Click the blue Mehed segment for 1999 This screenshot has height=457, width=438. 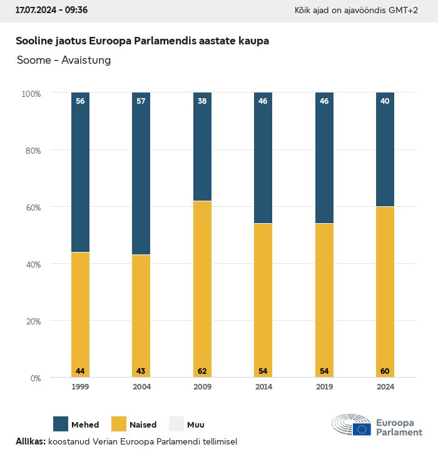[80, 172]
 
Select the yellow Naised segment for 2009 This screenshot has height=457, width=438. [202, 289]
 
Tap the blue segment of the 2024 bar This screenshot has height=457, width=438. [385, 149]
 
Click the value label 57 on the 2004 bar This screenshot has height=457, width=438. [141, 101]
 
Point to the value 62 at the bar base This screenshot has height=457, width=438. [202, 371]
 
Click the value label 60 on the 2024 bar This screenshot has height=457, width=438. [385, 371]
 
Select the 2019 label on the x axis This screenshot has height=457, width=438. [324, 387]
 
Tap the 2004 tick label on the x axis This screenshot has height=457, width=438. [141, 387]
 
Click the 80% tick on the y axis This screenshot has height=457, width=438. [31, 151]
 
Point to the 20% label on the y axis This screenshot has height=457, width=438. [31, 321]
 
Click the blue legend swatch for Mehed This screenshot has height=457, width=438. [61, 424]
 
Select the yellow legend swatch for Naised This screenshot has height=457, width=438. [119, 424]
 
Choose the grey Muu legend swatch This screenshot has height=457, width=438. [176, 424]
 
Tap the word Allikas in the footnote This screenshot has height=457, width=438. [30, 441]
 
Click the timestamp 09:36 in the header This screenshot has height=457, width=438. [75, 11]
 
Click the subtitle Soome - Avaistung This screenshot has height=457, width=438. [63, 61]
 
